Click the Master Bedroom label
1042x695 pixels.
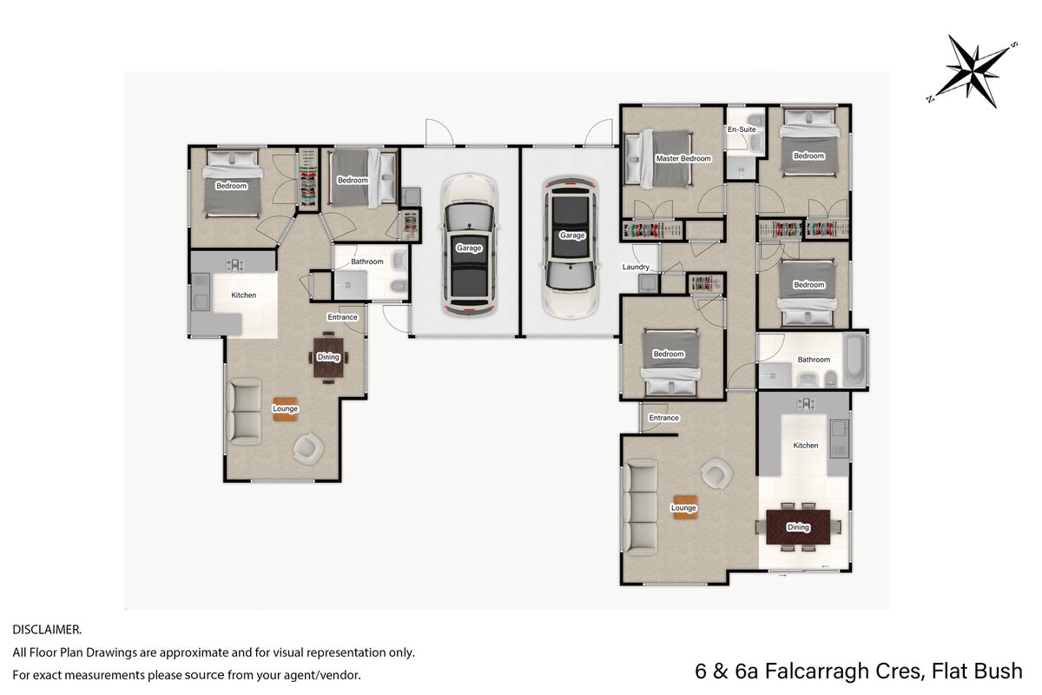(x=683, y=158)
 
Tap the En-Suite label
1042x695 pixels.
(x=742, y=129)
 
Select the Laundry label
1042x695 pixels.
(x=636, y=268)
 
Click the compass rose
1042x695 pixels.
(x=973, y=71)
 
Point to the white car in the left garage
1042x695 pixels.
(x=470, y=245)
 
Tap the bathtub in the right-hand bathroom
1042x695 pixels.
(x=854, y=360)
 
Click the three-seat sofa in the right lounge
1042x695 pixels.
(x=642, y=507)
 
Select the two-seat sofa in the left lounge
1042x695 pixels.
(x=244, y=411)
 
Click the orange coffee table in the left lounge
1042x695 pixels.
(x=285, y=408)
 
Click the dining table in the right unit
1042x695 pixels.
(x=798, y=527)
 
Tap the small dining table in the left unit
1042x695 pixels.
(x=328, y=357)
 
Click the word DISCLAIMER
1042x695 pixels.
(x=47, y=630)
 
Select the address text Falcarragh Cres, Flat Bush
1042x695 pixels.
(x=894, y=672)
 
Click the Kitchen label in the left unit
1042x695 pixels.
(x=244, y=295)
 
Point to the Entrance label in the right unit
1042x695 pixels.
(x=663, y=418)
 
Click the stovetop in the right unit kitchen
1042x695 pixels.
(x=805, y=404)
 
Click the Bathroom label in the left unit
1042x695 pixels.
(x=367, y=261)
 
